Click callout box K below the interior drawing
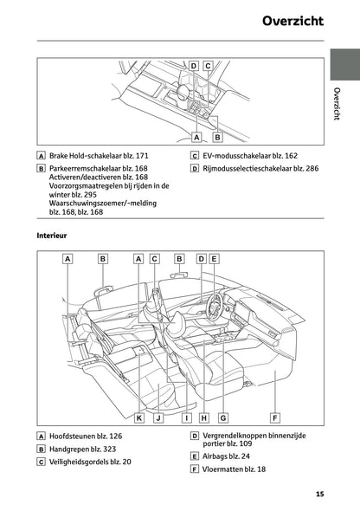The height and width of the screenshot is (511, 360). tap(138, 417)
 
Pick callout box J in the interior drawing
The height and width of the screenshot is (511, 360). tap(157, 417)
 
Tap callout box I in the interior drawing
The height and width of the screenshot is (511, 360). tap(186, 417)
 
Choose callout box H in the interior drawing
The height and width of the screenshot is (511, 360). tap(204, 417)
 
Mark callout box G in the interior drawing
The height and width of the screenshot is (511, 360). tap(222, 417)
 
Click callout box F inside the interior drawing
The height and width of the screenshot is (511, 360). tap(274, 417)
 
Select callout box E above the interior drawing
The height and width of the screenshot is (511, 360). tap(215, 258)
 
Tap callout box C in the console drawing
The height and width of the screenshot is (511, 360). tap(208, 66)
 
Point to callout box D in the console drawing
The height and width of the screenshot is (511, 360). tap(194, 66)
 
